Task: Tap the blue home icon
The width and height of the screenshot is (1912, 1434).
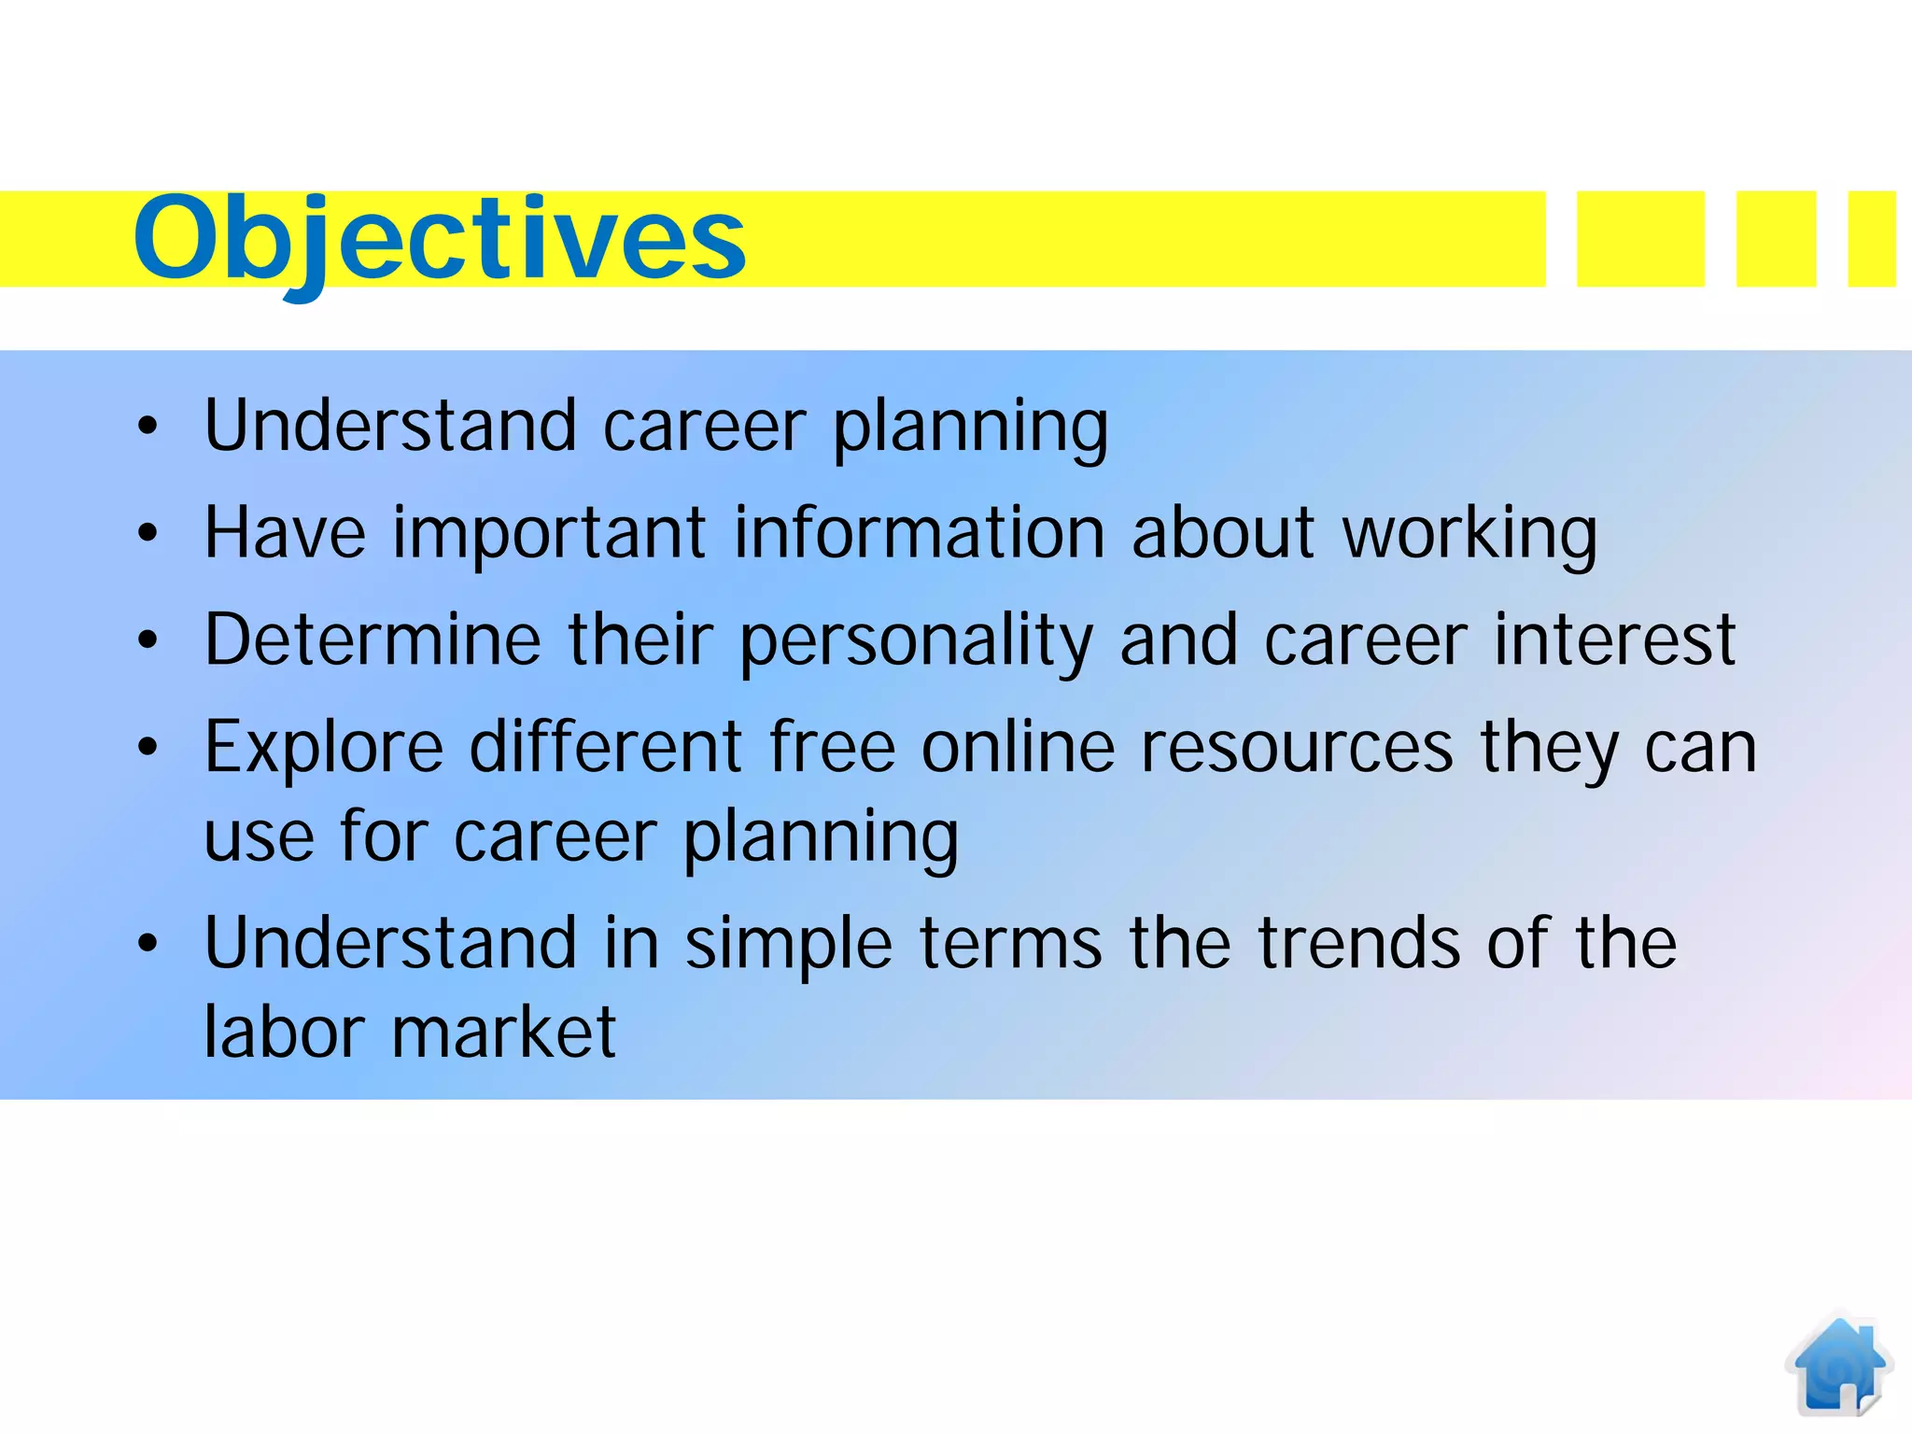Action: point(1838,1365)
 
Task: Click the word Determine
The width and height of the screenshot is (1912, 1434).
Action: point(373,640)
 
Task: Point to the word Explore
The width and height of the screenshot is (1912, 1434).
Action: point(323,749)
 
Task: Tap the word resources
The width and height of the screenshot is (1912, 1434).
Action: point(1297,749)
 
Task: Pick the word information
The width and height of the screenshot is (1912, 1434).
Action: point(919,532)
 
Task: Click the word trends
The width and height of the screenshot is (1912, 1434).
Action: point(1358,943)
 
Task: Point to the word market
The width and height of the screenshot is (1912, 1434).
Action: point(503,1033)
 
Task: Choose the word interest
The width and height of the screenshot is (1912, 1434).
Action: point(1614,640)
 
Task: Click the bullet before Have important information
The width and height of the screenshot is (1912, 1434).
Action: point(148,533)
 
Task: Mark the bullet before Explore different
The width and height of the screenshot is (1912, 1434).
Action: point(148,747)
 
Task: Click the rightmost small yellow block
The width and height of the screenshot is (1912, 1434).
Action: point(1871,239)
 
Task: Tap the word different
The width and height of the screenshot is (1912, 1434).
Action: point(604,747)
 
